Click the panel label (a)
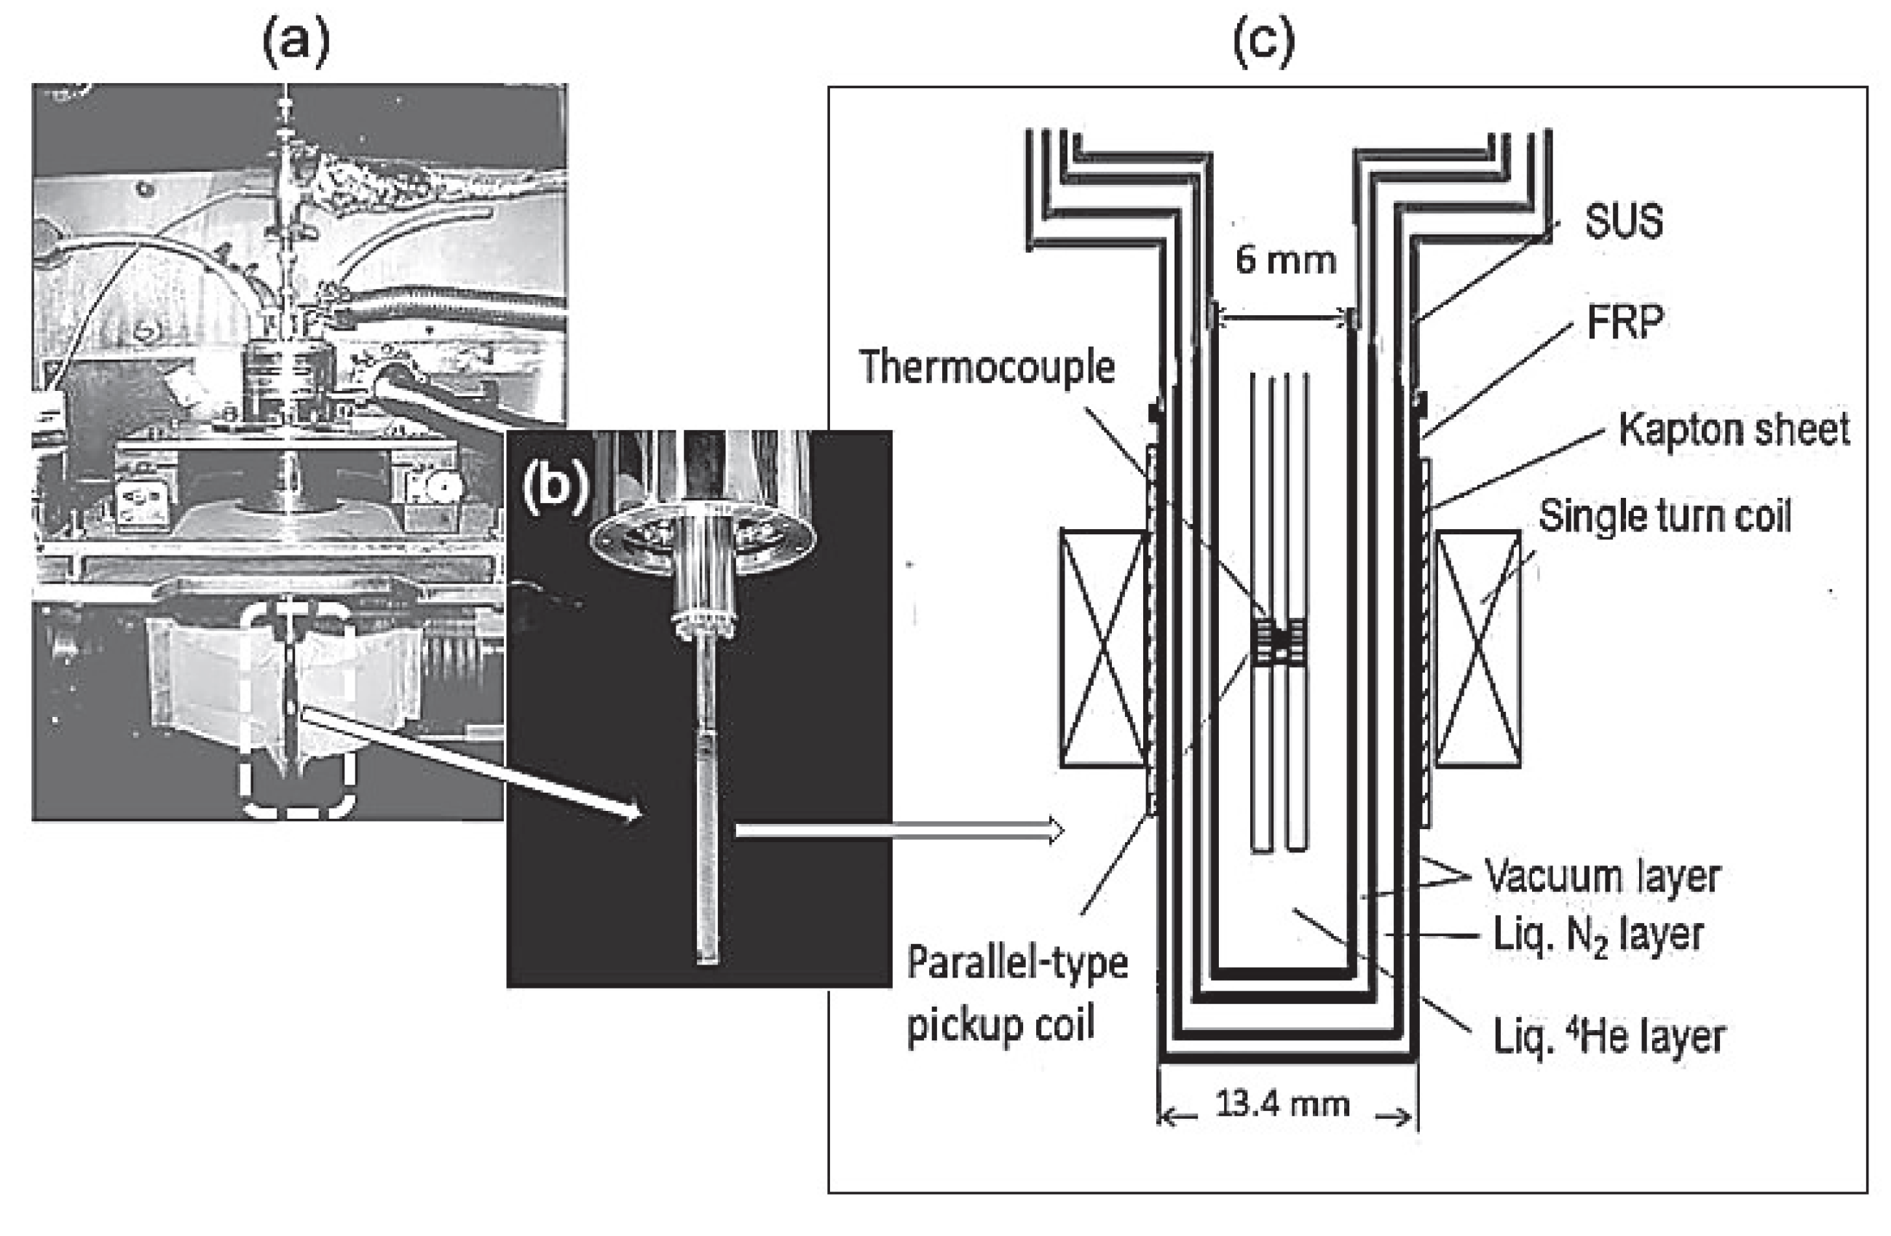coord(296,44)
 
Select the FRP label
coord(1624,322)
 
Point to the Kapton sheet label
coord(1734,429)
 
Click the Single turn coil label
coord(1665,515)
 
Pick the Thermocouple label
coord(987,367)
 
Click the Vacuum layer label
coord(1603,876)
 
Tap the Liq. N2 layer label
coord(1598,935)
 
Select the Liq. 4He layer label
coord(1609,1037)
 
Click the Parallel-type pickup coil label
coord(1017,993)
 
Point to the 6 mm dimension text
coord(1284,260)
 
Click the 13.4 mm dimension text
coord(1282,1104)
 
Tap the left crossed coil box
coord(1105,648)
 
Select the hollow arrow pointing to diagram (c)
coord(899,831)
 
